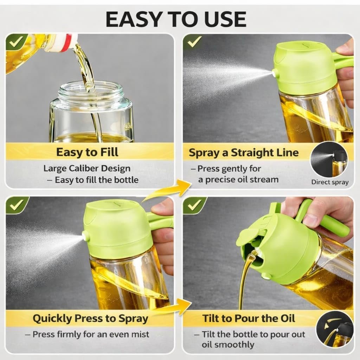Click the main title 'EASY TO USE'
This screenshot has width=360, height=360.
click(176, 20)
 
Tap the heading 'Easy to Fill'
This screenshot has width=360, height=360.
click(87, 152)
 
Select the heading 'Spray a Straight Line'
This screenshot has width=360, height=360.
click(244, 153)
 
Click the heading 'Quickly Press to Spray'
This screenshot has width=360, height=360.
click(90, 319)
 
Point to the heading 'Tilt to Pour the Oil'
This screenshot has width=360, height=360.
click(249, 319)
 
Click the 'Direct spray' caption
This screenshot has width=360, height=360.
click(330, 182)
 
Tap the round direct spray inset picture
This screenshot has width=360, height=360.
click(329, 160)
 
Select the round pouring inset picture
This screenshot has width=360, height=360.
click(335, 329)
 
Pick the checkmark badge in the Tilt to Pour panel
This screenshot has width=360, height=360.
click(194, 205)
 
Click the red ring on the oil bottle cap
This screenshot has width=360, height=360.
click(69, 42)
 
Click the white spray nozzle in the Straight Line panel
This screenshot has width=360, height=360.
click(274, 73)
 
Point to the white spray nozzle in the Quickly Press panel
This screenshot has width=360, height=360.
click(85, 236)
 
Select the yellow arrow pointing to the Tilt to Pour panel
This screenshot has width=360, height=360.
click(174, 307)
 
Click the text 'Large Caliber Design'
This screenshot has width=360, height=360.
click(87, 168)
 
